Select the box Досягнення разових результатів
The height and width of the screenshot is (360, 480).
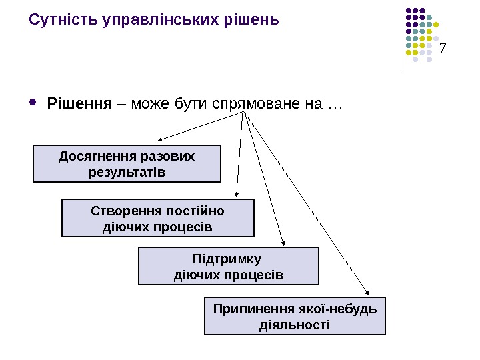click(127, 164)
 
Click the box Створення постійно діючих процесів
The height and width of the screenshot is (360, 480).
click(158, 219)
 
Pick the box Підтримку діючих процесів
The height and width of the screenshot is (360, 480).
click(228, 266)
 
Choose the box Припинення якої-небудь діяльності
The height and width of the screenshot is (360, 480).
click(295, 317)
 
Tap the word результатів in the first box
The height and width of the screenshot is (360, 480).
click(127, 172)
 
